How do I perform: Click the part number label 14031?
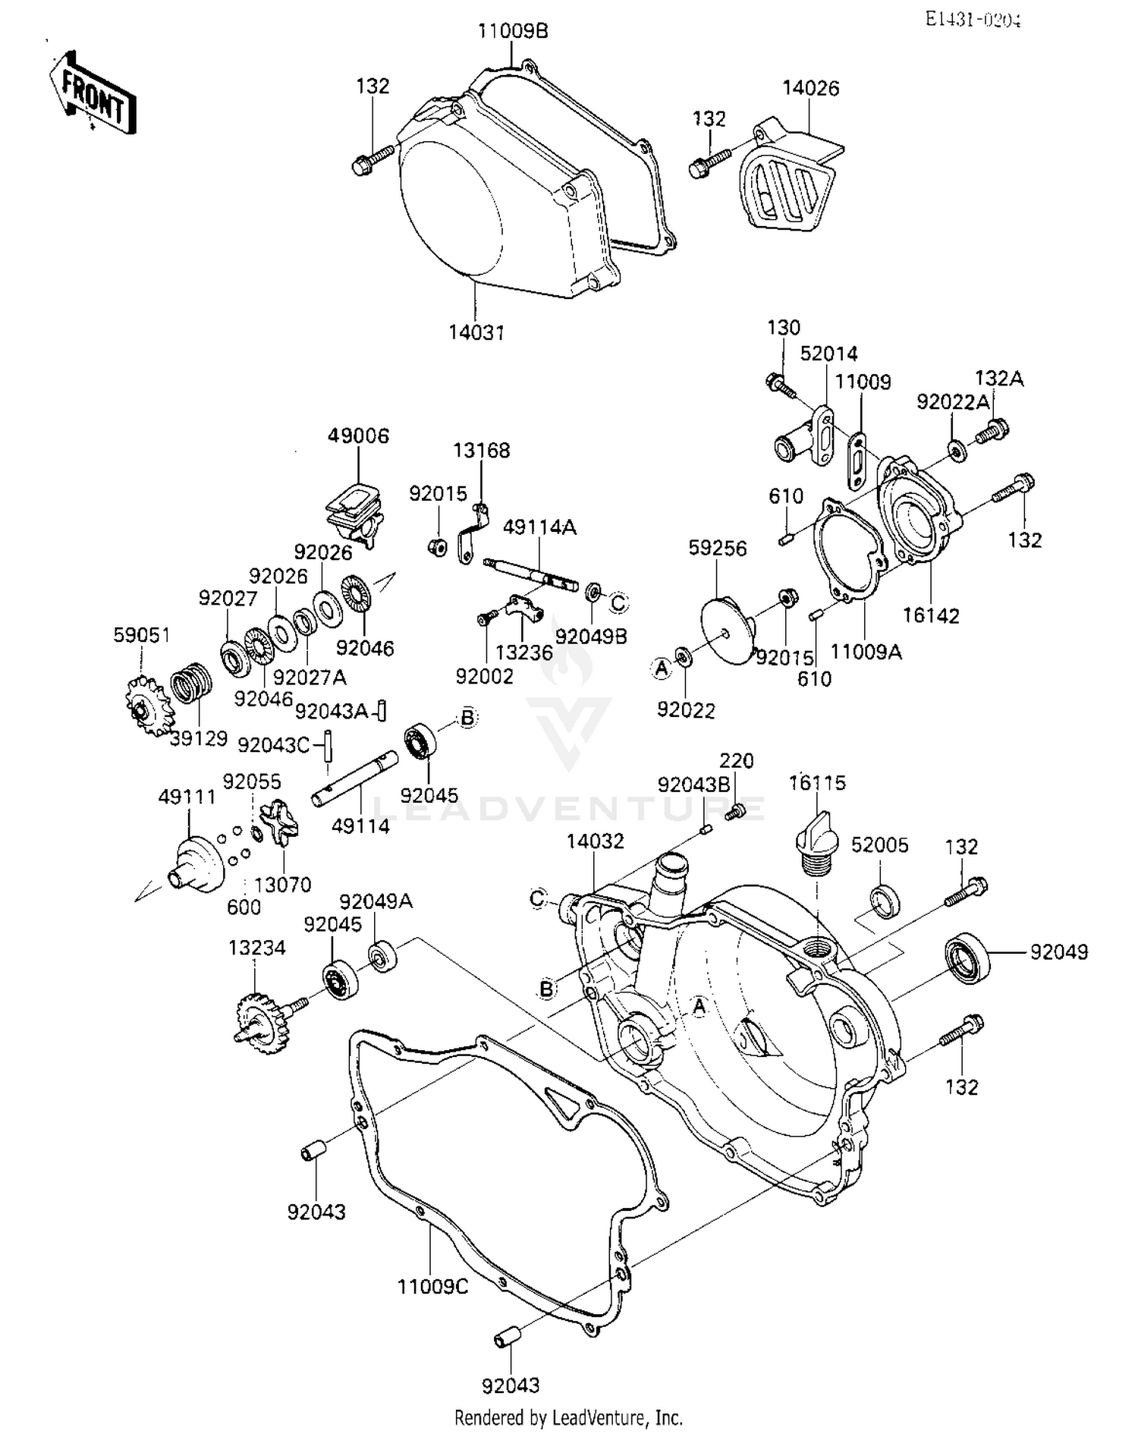pyautogui.click(x=476, y=332)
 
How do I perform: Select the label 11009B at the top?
pyautogui.click(x=512, y=31)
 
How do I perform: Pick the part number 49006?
pyautogui.click(x=358, y=436)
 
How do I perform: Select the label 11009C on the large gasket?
pyautogui.click(x=432, y=1287)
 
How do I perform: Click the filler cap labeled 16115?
pyautogui.click(x=815, y=838)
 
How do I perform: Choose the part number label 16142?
pyautogui.click(x=931, y=615)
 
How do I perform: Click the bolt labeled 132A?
pyautogui.click(x=991, y=431)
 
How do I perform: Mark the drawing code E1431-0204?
pyautogui.click(x=973, y=20)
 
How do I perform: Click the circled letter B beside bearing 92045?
pyautogui.click(x=467, y=718)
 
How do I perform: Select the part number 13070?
pyautogui.click(x=282, y=885)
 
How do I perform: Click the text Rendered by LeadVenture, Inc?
pyautogui.click(x=568, y=1417)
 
